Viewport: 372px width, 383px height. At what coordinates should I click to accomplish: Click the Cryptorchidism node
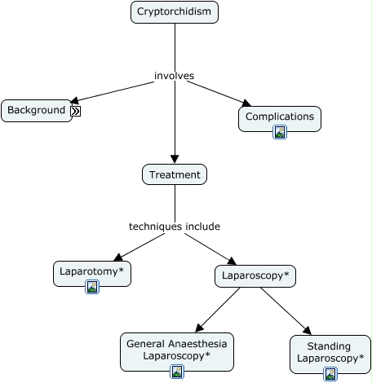click(175, 12)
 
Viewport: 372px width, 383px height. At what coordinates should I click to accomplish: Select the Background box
click(37, 111)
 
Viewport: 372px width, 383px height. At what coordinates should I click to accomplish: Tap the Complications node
click(280, 119)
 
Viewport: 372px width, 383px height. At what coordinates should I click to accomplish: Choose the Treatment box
click(175, 174)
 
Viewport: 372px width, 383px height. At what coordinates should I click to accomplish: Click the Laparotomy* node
click(92, 274)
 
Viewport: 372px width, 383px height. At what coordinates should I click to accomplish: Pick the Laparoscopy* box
click(255, 276)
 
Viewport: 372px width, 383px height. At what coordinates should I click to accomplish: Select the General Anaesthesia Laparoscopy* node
click(177, 352)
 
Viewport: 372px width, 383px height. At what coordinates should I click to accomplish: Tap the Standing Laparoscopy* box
click(330, 354)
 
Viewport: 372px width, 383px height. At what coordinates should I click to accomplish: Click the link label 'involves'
click(175, 76)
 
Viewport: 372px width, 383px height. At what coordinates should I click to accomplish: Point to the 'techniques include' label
click(175, 227)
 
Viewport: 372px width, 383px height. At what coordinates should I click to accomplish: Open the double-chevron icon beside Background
click(76, 111)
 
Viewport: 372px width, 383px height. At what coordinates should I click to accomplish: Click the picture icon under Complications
click(280, 132)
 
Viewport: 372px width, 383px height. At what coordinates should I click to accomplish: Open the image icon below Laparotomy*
click(92, 287)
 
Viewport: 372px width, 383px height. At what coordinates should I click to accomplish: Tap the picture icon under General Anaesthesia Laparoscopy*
click(177, 372)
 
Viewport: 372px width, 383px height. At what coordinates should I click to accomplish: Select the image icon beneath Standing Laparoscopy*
click(330, 374)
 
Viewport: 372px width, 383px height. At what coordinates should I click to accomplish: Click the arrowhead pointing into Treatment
click(175, 159)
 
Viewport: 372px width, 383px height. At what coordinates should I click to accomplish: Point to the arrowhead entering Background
click(74, 100)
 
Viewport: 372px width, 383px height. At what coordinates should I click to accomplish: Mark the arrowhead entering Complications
click(246, 103)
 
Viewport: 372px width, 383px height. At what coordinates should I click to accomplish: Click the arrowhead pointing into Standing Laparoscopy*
click(308, 330)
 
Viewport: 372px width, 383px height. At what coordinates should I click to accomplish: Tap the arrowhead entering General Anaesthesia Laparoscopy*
click(199, 328)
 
